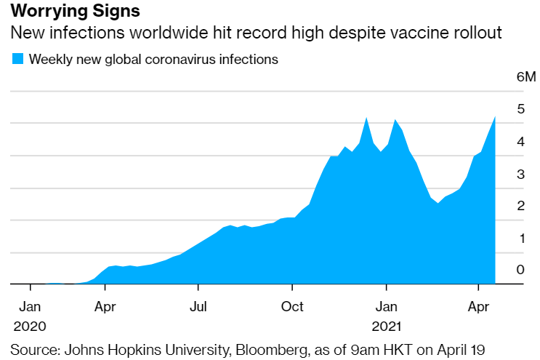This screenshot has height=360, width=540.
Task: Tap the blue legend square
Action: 17,59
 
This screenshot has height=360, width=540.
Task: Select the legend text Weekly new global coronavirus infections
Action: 153,59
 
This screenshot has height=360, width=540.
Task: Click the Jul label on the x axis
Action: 198,306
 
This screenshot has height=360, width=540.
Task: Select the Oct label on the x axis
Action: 292,306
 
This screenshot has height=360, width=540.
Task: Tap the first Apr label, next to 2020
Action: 105,306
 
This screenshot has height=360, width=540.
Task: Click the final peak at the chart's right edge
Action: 495,117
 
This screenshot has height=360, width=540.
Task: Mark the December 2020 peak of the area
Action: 366,119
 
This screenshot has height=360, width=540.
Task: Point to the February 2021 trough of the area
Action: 438,203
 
